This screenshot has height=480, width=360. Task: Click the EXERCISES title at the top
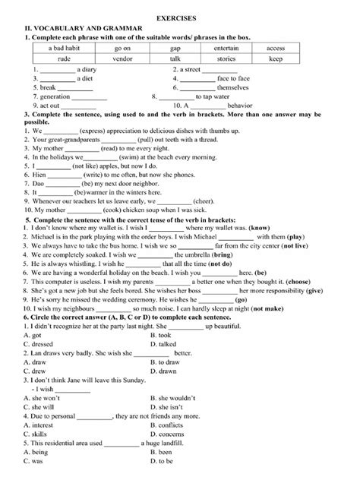click(x=180, y=15)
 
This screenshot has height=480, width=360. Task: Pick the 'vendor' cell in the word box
click(x=122, y=58)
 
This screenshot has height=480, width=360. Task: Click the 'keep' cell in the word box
click(x=276, y=58)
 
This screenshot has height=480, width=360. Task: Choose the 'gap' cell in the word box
click(x=175, y=48)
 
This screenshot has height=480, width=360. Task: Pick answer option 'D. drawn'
click(x=164, y=371)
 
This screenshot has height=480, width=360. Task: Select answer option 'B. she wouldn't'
click(x=176, y=399)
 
